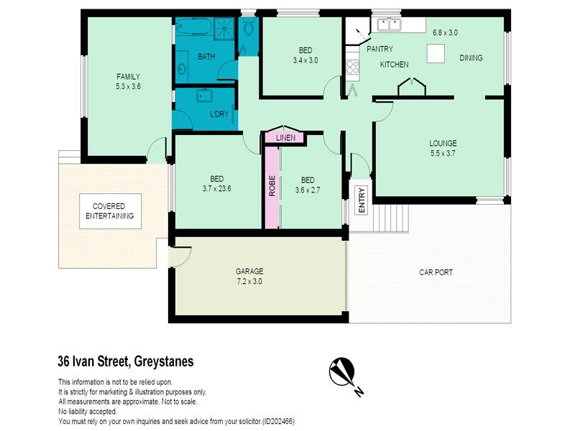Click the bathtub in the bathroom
tap(194, 27)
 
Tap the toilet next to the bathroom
tap(248, 27)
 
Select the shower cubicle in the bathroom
tap(224, 27)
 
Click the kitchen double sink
tap(389, 25)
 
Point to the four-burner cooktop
tap(352, 67)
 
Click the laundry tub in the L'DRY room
tap(204, 96)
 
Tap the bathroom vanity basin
tap(181, 68)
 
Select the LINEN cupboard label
tap(285, 138)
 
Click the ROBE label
tap(272, 186)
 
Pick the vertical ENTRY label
tap(362, 200)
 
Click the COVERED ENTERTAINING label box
tap(111, 211)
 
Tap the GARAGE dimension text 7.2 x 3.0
tap(249, 282)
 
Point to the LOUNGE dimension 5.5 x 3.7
tap(443, 153)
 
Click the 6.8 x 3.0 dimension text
tap(445, 32)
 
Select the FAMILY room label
tap(129, 77)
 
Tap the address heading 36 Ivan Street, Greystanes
tap(126, 361)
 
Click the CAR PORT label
tap(436, 272)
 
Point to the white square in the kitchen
tap(436, 53)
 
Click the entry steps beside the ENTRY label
tap(391, 218)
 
